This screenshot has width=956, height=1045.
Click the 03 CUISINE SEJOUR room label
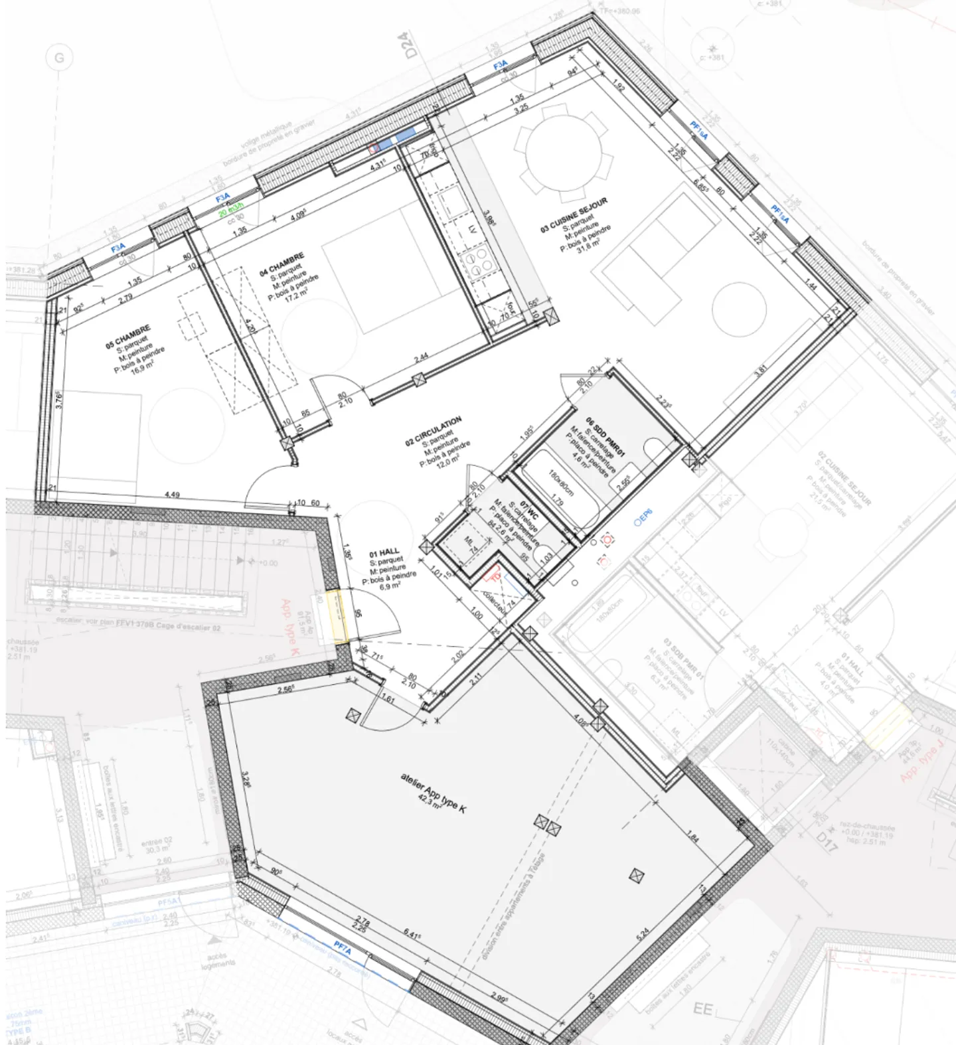[574, 214]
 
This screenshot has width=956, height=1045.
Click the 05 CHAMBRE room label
[128, 337]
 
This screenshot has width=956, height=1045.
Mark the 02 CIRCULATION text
[434, 432]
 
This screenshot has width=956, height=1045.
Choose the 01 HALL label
[384, 552]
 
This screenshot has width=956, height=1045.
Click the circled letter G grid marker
[59, 58]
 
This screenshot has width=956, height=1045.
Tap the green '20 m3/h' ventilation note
[232, 208]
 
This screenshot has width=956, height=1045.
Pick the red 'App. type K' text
[291, 627]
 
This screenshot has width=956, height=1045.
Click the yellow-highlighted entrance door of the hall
[339, 617]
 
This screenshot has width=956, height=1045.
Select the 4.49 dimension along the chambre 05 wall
[171, 495]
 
